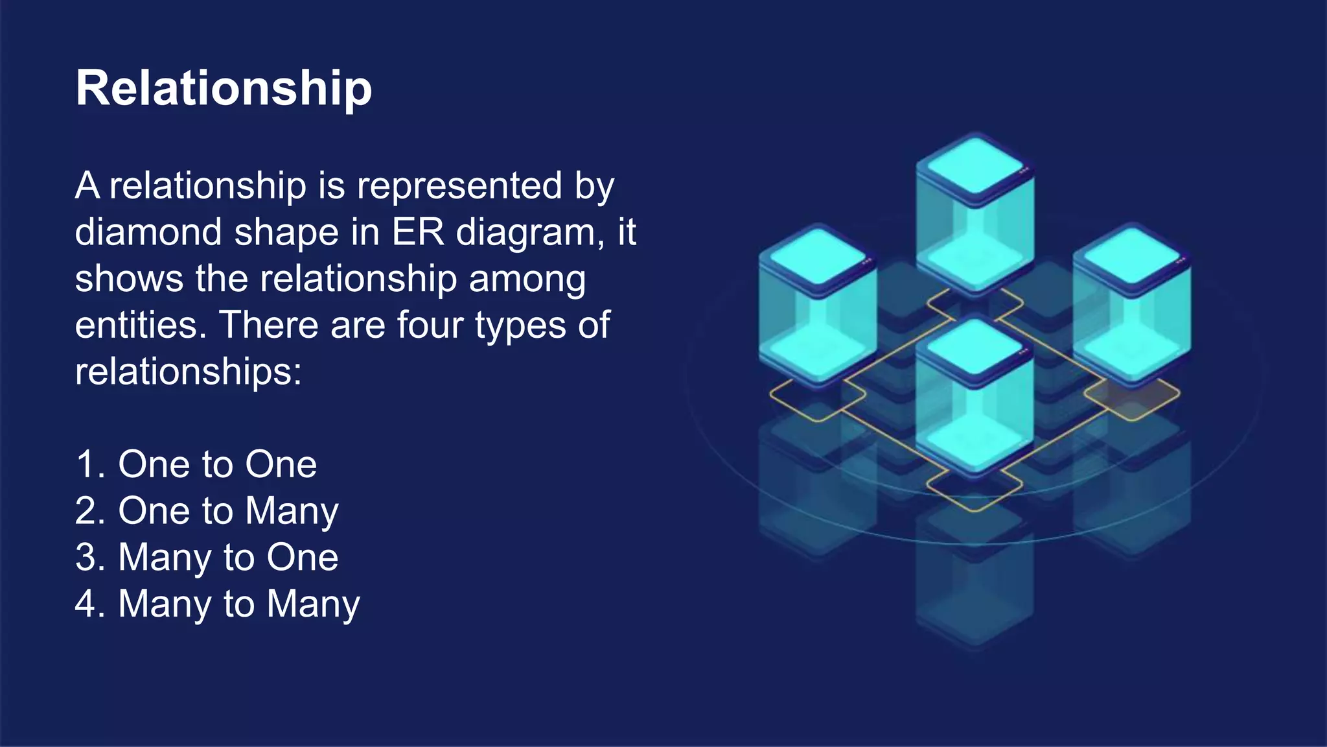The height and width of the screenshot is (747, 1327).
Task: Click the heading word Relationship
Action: coord(224,88)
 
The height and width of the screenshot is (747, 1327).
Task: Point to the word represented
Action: coord(459,186)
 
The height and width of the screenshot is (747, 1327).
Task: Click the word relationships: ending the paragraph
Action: coord(188,372)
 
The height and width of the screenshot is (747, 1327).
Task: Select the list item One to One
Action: coord(217,464)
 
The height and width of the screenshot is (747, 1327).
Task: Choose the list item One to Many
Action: coord(228,511)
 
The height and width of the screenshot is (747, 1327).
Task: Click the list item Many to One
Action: coord(228,558)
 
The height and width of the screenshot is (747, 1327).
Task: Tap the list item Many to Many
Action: coord(238,604)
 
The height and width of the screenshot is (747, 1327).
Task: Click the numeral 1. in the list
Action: coord(90,464)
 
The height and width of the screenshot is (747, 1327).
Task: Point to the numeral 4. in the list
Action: coord(90,604)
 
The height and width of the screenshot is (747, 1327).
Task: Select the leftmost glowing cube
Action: coord(818,305)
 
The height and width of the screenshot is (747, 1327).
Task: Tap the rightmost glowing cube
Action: coord(1131,305)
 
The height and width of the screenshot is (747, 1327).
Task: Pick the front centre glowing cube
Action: coord(975,396)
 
